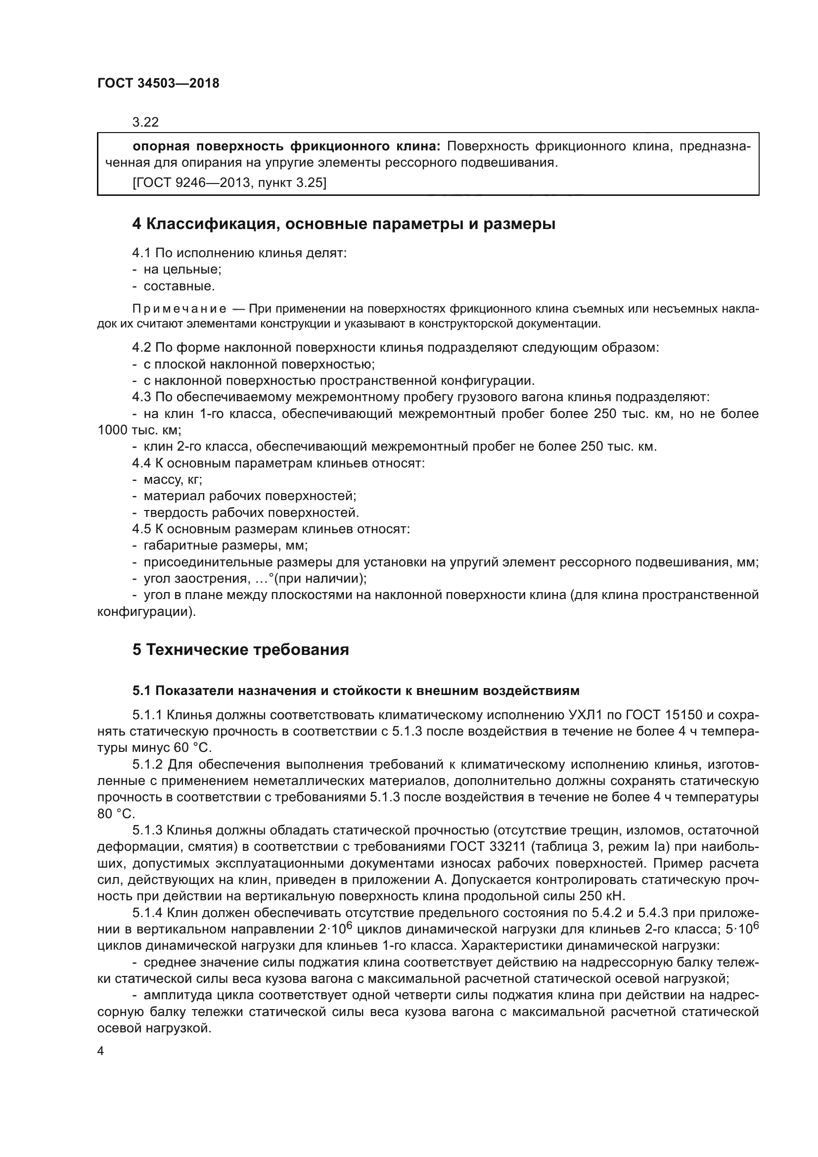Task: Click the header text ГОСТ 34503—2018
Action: click(x=158, y=84)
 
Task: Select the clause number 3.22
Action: click(x=145, y=122)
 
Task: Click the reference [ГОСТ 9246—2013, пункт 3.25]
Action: click(x=229, y=183)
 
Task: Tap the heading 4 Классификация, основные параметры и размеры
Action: click(x=344, y=224)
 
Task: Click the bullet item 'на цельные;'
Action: click(x=182, y=270)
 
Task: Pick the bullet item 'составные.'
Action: click(x=179, y=286)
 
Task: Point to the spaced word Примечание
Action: click(x=179, y=309)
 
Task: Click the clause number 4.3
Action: click(x=141, y=397)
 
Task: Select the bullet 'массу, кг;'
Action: click(x=173, y=480)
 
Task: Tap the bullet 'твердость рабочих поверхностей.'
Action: click(x=251, y=513)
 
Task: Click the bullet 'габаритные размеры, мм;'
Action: click(x=226, y=546)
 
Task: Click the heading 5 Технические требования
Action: click(x=240, y=649)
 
